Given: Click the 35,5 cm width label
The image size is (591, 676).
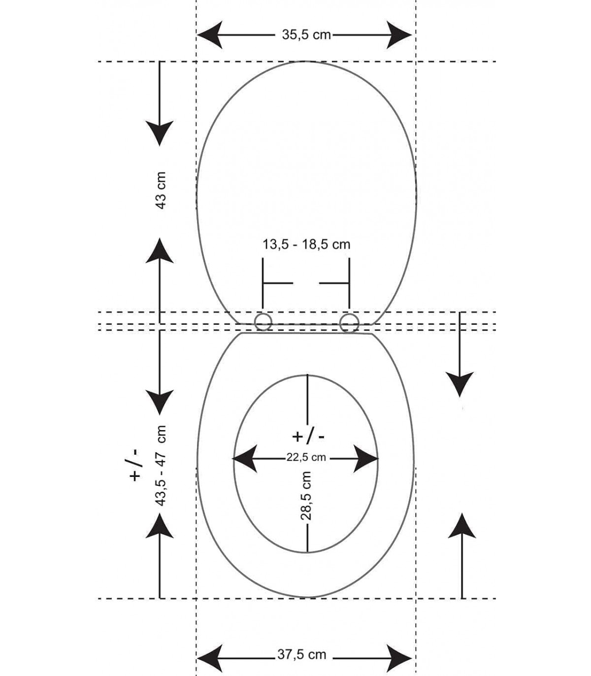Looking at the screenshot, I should pyautogui.click(x=306, y=35).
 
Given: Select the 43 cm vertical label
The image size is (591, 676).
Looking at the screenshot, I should pyautogui.click(x=161, y=190).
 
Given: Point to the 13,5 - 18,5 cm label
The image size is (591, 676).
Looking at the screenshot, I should pyautogui.click(x=306, y=244).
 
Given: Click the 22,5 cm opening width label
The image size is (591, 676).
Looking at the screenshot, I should pyautogui.click(x=306, y=457).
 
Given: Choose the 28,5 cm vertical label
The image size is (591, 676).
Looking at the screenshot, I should pyautogui.click(x=306, y=496).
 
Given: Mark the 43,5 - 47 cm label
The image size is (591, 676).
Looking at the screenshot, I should pyautogui.click(x=161, y=465).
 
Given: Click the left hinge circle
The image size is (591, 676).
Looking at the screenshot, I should pyautogui.click(x=263, y=322).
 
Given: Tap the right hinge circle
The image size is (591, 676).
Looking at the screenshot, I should pyautogui.click(x=349, y=322).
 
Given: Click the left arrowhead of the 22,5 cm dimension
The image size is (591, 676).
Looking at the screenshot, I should pyautogui.click(x=245, y=459).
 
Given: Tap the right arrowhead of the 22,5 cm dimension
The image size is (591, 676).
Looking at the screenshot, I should pyautogui.click(x=366, y=459).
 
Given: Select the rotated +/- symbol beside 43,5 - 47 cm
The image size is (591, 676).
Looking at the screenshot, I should pyautogui.click(x=134, y=465).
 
